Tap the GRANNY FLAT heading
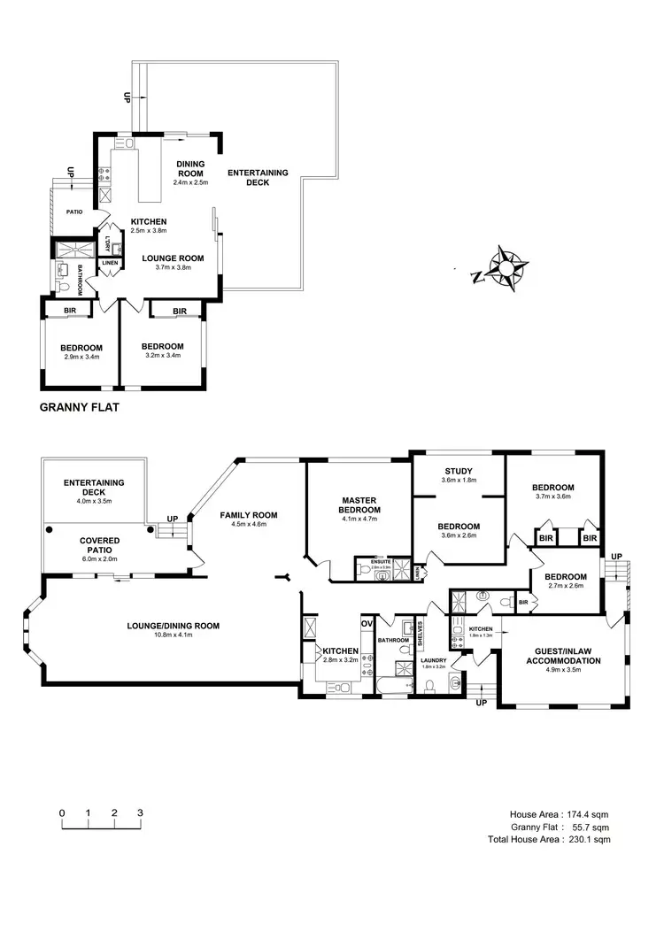coord(80,409)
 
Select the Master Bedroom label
coord(359,504)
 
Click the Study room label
coord(459,471)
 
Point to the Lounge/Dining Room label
coord(173,626)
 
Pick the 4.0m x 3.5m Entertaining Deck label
coord(93,501)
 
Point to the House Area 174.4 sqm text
coord(559,814)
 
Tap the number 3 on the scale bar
coord(140,812)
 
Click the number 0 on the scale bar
coord(62,812)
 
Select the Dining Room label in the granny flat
coord(190,169)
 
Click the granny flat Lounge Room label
coord(174,258)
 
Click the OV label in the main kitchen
coord(366,623)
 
